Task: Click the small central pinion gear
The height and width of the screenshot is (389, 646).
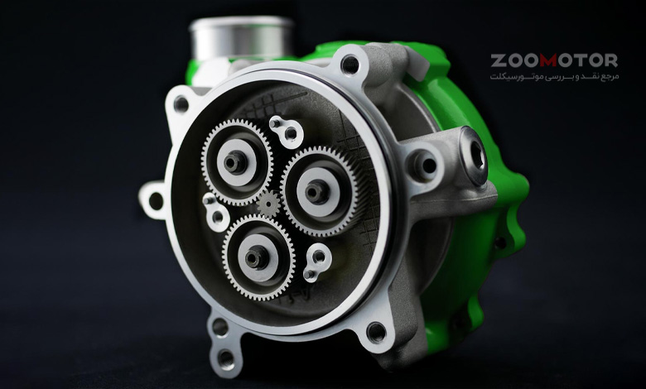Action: click(x=268, y=203)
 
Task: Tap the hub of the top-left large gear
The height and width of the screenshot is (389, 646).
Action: click(x=236, y=161)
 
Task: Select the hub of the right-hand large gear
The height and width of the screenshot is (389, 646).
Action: click(x=317, y=191)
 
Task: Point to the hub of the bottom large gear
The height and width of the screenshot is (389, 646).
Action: click(x=257, y=257)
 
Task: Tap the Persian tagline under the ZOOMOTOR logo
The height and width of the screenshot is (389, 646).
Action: click(x=554, y=77)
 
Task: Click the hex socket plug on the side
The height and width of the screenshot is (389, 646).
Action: click(x=475, y=156)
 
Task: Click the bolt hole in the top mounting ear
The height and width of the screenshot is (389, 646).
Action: click(x=350, y=65)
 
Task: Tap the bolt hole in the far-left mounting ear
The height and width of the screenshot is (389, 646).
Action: click(x=156, y=201)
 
